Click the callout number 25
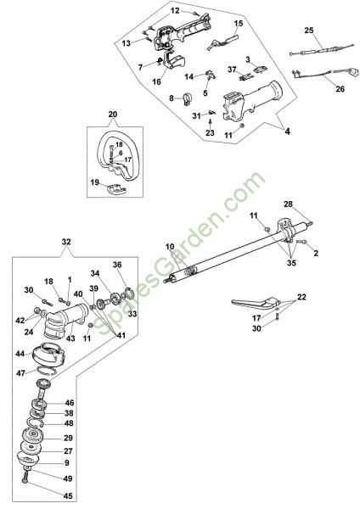[309, 31]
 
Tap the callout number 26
[340, 88]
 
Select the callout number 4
[287, 131]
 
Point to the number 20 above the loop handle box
[113, 115]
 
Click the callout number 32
[66, 242]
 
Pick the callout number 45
[68, 496]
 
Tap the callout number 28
[288, 204]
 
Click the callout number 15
[239, 24]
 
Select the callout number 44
[20, 354]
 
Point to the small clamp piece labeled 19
[115, 188]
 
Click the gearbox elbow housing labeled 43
[65, 319]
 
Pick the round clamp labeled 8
[188, 99]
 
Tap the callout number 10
[171, 247]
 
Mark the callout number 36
[117, 265]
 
